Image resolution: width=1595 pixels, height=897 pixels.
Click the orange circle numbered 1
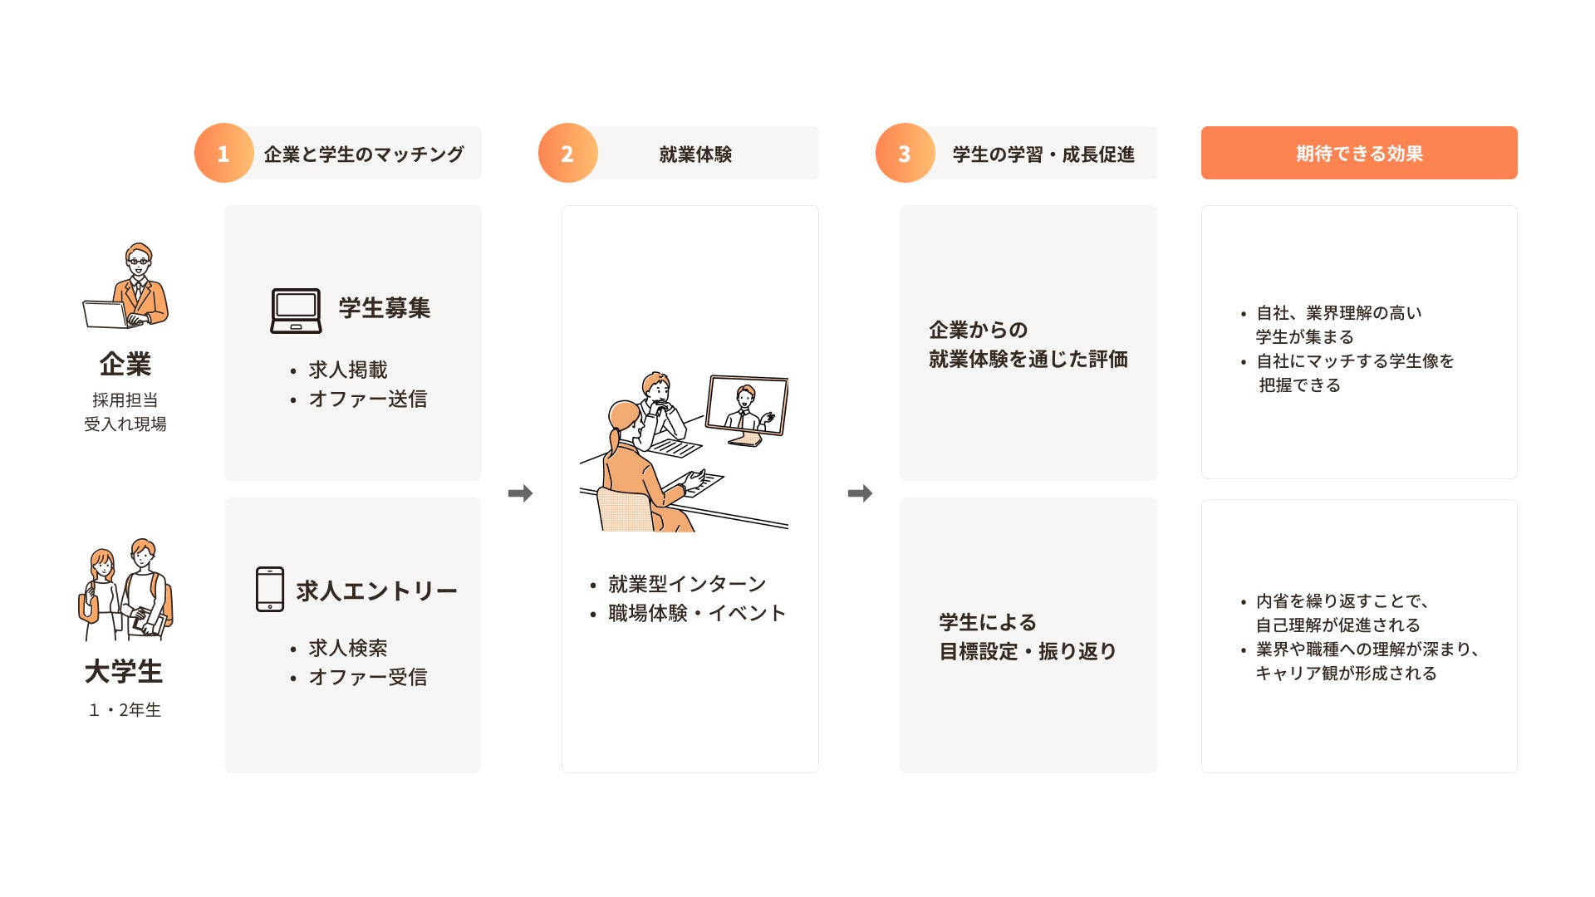(223, 153)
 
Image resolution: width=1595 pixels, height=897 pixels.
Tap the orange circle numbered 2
(567, 153)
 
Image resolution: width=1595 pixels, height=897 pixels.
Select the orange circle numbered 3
(905, 153)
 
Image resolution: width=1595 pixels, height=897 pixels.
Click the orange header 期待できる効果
(1359, 153)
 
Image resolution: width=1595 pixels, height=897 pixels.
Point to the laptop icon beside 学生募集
(296, 311)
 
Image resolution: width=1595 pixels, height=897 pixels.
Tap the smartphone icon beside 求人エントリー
(270, 589)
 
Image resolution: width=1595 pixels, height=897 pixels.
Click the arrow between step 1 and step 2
(520, 493)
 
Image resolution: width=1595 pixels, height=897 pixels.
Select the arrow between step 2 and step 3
(860, 493)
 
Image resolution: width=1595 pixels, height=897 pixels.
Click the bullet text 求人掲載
(347, 370)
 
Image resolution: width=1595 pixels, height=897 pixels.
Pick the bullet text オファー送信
(367, 399)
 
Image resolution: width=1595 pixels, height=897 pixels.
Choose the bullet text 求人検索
(347, 648)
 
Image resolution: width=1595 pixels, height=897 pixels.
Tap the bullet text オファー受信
(367, 677)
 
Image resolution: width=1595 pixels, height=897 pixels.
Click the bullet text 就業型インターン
(686, 584)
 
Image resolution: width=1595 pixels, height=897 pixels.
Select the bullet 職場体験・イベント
(696, 613)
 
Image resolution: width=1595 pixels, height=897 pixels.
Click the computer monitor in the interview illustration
(747, 407)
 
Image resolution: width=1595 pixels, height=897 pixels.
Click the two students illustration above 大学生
(126, 590)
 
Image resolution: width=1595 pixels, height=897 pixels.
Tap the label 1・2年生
(125, 710)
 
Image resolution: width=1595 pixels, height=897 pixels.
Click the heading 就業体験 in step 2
(695, 154)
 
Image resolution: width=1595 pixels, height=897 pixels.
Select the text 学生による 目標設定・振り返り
(1028, 637)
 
